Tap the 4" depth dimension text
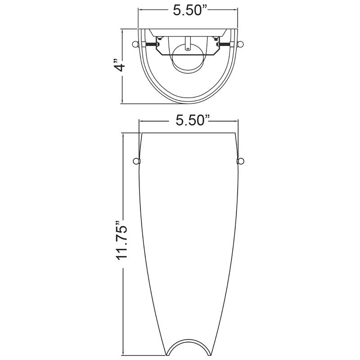coord(120,65)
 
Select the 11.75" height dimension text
coord(121,241)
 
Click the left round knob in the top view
coord(136,44)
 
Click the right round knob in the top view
coord(240,44)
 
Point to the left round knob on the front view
coord(136,162)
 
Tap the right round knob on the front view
coord(240,162)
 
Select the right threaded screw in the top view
coord(225,44)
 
